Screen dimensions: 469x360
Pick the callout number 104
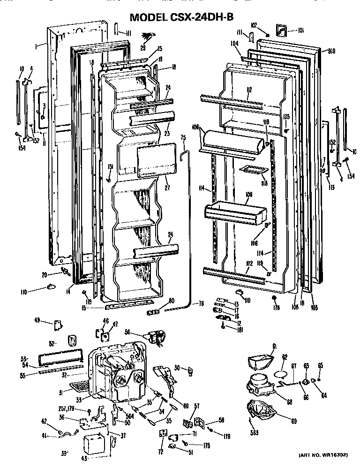(234, 43)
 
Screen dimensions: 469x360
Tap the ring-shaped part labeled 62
(281, 373)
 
